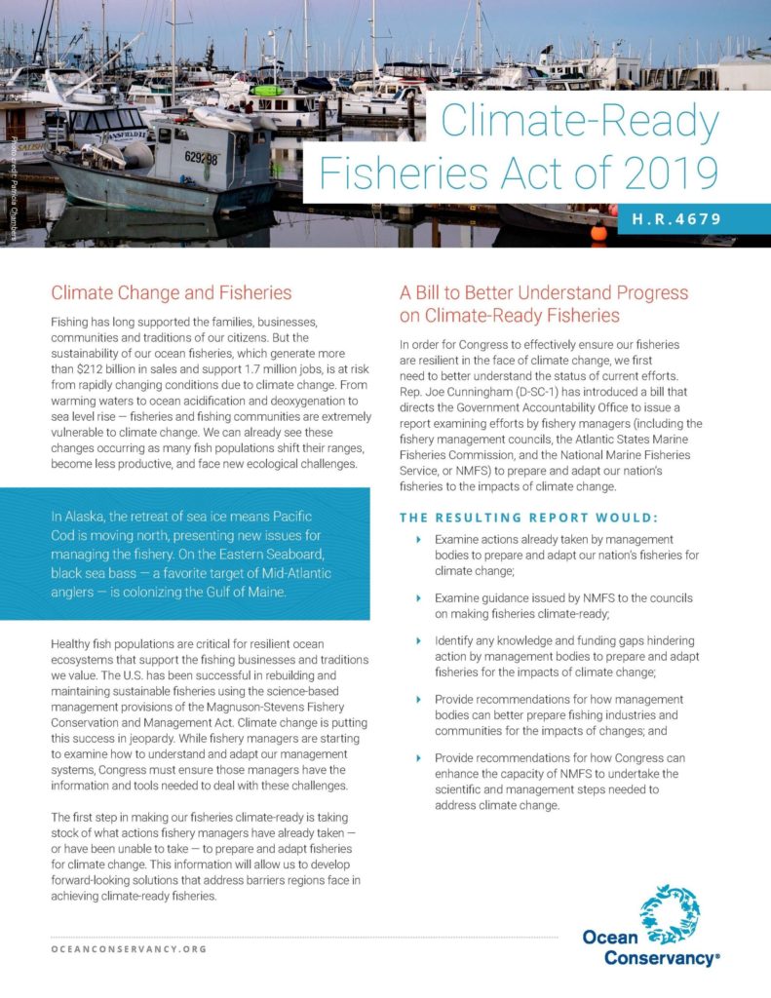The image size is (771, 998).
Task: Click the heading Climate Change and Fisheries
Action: pyautogui.click(x=171, y=291)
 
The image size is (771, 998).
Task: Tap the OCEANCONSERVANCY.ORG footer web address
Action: pyautogui.click(x=129, y=948)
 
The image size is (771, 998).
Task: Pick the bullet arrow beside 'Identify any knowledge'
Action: pyautogui.click(x=419, y=641)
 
